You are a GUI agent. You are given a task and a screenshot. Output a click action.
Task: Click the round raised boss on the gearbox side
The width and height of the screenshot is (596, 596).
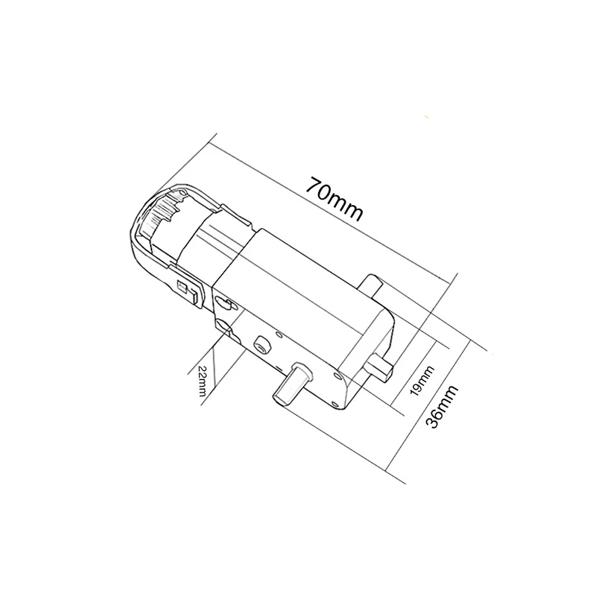click(261, 343)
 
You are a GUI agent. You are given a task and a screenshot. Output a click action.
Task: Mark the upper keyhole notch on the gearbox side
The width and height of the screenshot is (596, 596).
click(222, 300)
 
